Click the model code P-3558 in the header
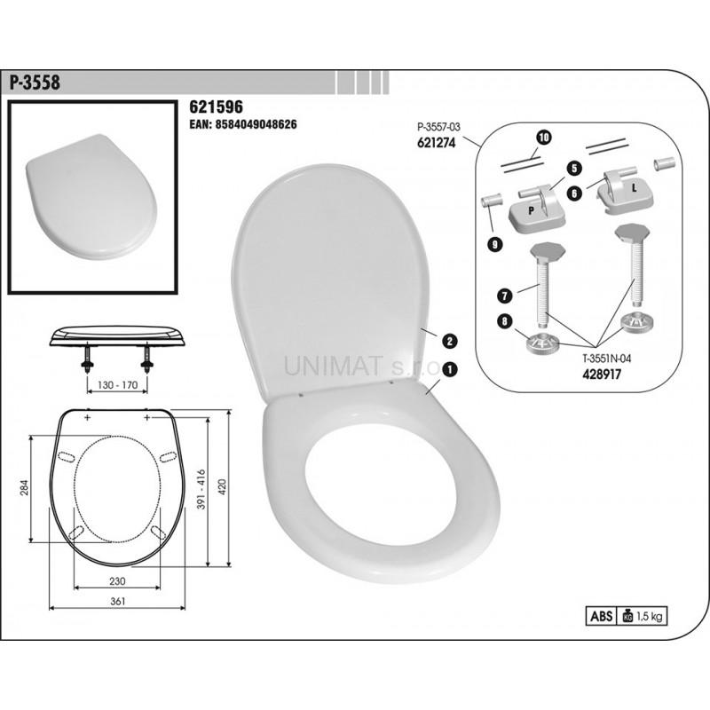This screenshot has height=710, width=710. (35, 83)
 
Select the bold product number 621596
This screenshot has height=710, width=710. (216, 106)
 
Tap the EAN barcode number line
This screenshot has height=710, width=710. (243, 124)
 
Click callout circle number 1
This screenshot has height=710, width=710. (450, 369)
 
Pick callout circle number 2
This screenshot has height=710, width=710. (450, 341)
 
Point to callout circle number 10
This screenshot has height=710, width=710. (544, 137)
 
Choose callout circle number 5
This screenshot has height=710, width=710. (573, 169)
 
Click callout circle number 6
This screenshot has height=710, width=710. (574, 193)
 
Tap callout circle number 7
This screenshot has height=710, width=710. (504, 296)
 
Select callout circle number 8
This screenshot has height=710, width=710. (504, 321)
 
